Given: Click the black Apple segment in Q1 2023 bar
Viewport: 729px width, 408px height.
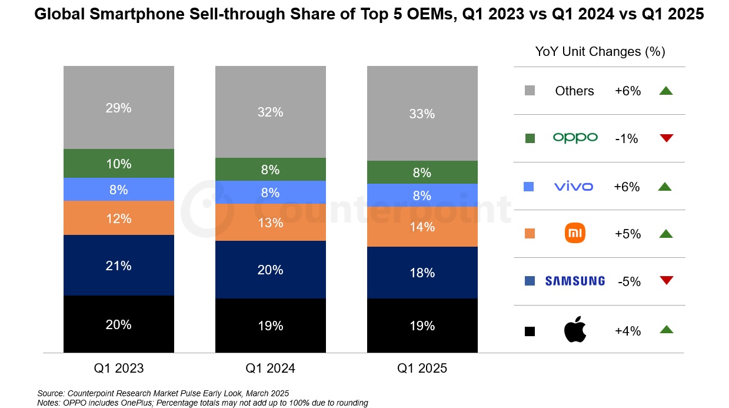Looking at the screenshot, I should coord(119,324).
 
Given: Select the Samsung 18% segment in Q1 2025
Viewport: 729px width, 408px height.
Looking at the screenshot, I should coord(422,273).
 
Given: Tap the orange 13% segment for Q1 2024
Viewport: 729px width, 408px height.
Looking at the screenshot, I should coord(270,223).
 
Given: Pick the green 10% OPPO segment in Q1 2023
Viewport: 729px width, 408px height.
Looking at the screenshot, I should coord(119,164).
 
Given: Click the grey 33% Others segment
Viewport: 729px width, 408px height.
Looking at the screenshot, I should coord(422,114).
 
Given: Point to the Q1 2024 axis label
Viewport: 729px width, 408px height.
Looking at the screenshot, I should coord(270,369).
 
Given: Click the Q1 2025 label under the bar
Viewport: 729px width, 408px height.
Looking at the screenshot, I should coord(422,369).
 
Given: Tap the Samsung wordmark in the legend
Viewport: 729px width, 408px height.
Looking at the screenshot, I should coord(575,281).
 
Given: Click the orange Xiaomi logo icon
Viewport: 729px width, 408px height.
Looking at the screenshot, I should coord(575,234).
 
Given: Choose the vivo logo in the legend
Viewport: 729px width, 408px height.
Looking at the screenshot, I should coord(574,187).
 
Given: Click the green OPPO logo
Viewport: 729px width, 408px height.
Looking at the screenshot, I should coord(575,138).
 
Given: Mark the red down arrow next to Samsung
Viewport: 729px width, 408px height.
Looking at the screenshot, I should coord(666,280).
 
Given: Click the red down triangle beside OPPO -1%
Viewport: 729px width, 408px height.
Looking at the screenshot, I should coord(666,138).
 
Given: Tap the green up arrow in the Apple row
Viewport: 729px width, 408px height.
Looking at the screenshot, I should coord(666,330).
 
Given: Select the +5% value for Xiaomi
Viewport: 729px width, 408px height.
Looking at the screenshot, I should coord(627,234).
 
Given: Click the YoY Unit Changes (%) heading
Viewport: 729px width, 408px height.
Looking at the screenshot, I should coord(600,52).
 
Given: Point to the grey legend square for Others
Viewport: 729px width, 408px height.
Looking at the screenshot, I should coord(529,91).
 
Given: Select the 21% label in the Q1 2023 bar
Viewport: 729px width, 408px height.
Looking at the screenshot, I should coord(119,266).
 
